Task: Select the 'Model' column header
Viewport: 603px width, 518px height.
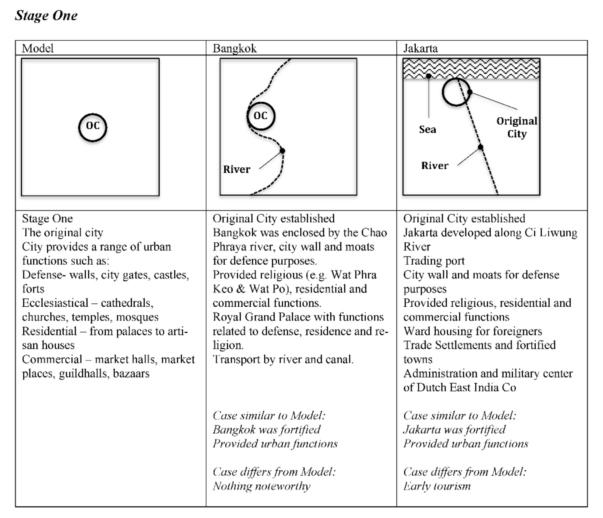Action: [x=38, y=48]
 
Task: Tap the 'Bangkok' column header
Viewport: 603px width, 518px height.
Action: [x=234, y=48]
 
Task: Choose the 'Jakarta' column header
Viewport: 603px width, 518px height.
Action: [x=420, y=48]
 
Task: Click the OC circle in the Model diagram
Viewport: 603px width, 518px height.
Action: [x=92, y=127]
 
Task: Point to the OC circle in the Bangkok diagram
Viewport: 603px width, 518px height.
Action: [x=261, y=116]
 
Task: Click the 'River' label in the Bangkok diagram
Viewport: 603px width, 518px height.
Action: [x=237, y=169]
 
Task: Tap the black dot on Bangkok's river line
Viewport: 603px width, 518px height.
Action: [x=282, y=150]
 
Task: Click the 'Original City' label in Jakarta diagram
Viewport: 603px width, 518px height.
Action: [x=517, y=127]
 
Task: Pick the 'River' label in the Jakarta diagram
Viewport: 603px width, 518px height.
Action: [x=435, y=165]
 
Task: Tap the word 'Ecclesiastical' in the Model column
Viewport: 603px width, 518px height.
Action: [x=55, y=303]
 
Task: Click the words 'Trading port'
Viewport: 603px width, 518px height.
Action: [x=434, y=261]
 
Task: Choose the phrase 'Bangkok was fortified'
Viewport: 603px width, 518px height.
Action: [x=266, y=430]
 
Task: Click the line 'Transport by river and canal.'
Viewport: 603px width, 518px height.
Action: [x=283, y=359]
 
